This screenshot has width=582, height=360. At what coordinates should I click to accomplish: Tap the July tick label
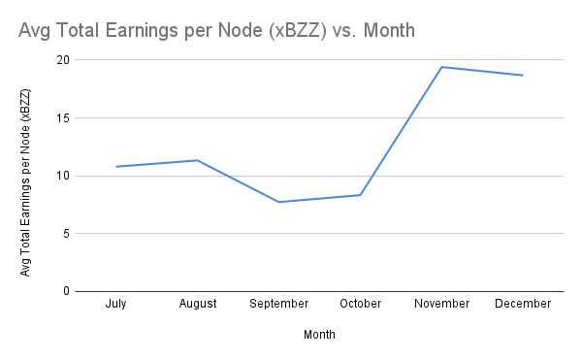(x=116, y=304)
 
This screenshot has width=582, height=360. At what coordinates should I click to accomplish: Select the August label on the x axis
(x=198, y=304)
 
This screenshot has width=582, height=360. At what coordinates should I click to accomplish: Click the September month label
(x=279, y=304)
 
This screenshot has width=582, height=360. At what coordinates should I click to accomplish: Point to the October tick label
(x=361, y=304)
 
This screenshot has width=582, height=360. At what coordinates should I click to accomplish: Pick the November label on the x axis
(x=441, y=304)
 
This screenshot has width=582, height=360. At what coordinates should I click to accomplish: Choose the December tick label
(x=523, y=304)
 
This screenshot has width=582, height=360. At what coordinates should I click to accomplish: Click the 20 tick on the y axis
(x=64, y=60)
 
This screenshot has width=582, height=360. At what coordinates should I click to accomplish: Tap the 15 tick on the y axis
(x=64, y=118)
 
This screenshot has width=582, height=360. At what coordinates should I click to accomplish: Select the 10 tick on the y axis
(x=64, y=176)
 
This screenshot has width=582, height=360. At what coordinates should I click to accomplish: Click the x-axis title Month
(x=319, y=335)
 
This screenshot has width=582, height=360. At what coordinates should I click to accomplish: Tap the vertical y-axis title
(x=26, y=181)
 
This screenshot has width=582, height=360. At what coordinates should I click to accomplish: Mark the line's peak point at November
(x=441, y=67)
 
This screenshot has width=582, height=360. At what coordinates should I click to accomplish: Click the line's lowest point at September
(x=279, y=202)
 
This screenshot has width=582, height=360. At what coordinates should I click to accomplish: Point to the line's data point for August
(x=198, y=160)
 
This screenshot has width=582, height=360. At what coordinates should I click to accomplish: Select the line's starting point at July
(x=116, y=166)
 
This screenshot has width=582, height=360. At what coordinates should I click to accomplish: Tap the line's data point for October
(x=361, y=195)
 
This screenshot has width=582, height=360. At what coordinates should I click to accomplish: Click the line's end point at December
(x=523, y=75)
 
